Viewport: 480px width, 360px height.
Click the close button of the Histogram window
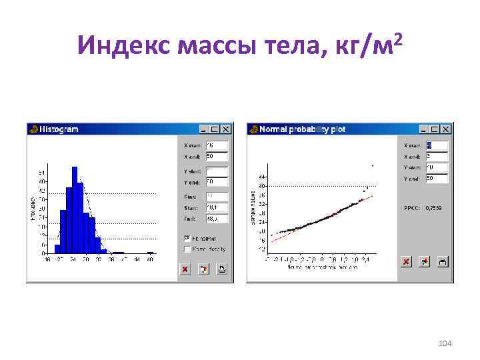[226, 129]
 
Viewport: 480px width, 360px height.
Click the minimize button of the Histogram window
[205, 129]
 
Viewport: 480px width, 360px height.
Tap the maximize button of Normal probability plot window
[435, 129]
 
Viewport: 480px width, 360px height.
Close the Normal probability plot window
[446, 129]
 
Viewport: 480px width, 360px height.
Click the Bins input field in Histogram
[217, 197]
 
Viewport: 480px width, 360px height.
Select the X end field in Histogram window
[217, 156]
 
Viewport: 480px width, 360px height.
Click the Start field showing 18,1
[217, 207]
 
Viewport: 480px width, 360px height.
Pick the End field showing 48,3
[217, 218]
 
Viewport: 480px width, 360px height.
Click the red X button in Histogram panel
[185, 269]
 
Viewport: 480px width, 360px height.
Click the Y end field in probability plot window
[437, 178]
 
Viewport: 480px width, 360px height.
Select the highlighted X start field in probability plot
[437, 145]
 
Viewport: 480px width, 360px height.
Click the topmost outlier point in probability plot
[372, 165]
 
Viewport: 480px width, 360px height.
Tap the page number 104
[445, 343]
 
